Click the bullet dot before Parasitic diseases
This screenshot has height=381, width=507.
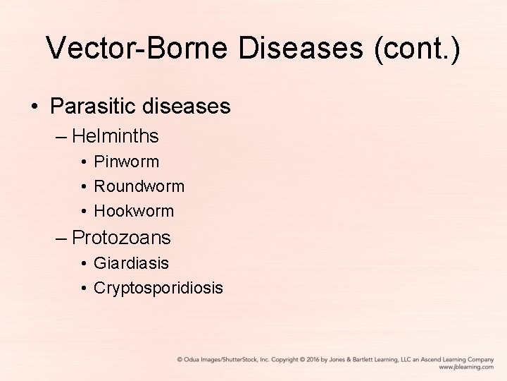coord(34,107)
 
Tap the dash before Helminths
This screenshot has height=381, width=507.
coord(61,135)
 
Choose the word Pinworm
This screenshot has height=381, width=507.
coord(127,162)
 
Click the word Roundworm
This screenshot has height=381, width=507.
coord(139,186)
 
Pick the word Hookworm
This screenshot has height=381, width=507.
coord(134,211)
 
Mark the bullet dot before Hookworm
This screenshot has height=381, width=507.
coord(83,212)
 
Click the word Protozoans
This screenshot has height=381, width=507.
coord(121,237)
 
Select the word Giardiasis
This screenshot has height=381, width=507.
coord(132,263)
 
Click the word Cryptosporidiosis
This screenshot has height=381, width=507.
coord(158,288)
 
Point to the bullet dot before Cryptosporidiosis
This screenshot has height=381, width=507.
coord(83,289)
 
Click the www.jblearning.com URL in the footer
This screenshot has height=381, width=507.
coord(466,367)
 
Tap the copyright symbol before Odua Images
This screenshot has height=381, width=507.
coord(180,359)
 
